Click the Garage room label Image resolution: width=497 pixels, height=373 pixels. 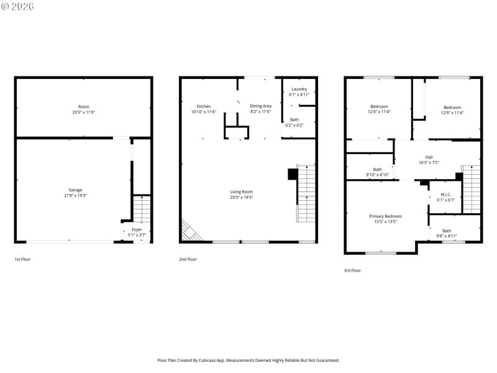click(75, 190)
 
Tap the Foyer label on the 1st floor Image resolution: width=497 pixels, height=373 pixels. click(137, 229)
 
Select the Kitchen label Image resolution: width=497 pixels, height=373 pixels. click(204, 106)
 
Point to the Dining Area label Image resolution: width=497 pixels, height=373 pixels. click(260, 106)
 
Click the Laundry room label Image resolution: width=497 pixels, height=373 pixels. click(299, 89)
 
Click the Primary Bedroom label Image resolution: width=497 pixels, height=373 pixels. click(385, 216)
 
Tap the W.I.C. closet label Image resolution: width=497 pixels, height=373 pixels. click(446, 194)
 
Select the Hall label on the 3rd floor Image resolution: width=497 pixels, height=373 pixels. click(429, 157)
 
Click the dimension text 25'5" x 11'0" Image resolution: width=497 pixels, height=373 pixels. click(83, 113)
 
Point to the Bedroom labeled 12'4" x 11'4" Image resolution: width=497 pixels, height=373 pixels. click(379, 106)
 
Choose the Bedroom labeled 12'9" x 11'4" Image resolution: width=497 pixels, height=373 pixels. click(452, 106)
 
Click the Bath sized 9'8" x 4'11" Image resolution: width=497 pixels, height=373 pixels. click(447, 231)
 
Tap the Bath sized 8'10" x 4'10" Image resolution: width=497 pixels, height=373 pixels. click(377, 169)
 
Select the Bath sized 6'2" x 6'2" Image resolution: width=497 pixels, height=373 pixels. click(294, 119)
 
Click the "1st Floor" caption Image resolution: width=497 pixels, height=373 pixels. click(22, 259)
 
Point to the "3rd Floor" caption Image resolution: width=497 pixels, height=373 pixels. click(352, 270)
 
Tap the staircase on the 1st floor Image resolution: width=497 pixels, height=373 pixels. click(142, 209)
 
